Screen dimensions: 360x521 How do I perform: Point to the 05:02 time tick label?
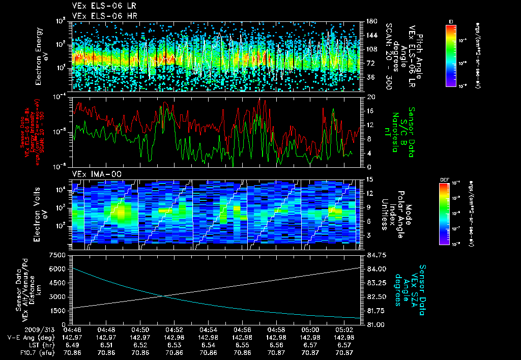(344, 329)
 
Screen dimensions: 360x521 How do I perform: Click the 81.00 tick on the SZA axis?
(371, 324)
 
